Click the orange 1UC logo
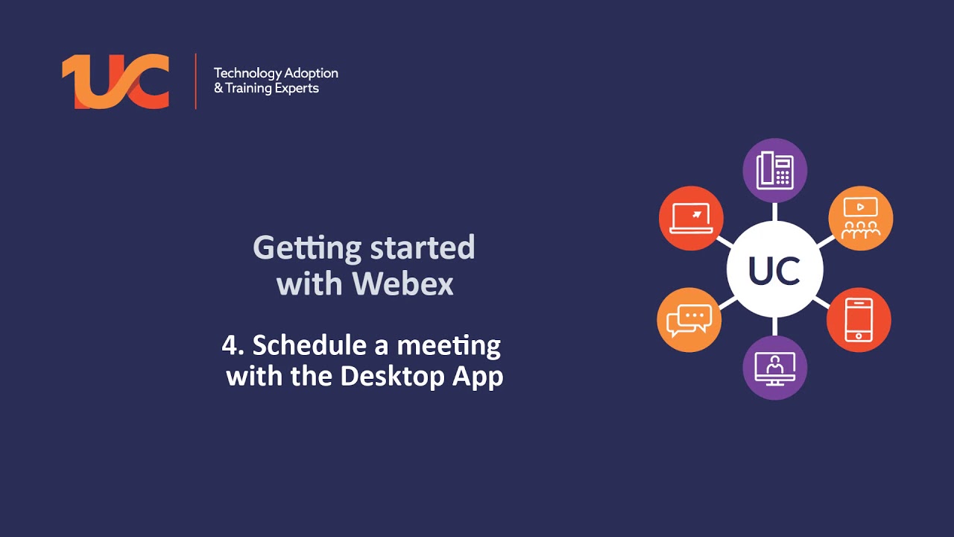click(x=116, y=81)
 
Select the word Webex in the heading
click(x=403, y=284)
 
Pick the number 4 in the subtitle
click(x=229, y=345)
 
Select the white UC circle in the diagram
click(x=775, y=270)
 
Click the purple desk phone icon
click(x=775, y=170)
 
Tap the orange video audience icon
click(x=861, y=219)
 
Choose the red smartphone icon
click(x=859, y=320)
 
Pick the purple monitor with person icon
click(x=775, y=368)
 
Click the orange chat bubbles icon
click(x=689, y=320)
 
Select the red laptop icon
click(x=691, y=219)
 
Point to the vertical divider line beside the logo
click(x=195, y=81)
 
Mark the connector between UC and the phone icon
click(x=775, y=212)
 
